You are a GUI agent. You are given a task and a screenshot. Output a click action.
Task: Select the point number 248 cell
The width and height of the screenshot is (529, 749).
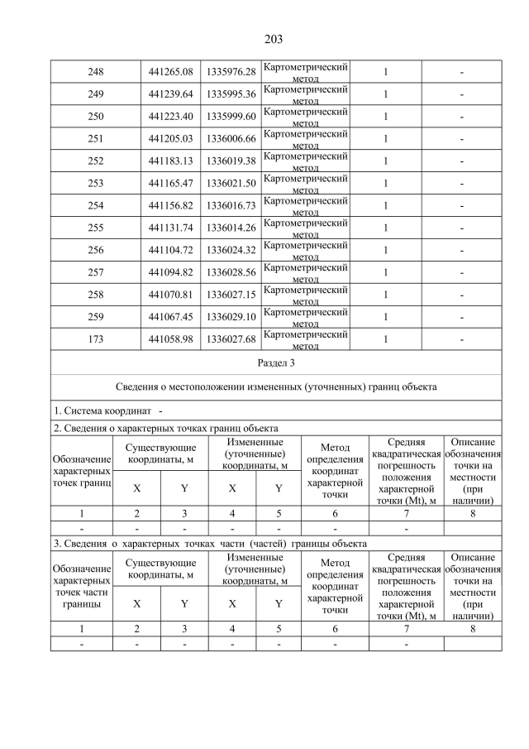[95, 72]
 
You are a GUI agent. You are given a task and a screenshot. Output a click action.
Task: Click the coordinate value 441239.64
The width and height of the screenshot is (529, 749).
[170, 94]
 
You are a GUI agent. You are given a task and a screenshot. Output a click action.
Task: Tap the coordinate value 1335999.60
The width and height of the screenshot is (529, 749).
[231, 117]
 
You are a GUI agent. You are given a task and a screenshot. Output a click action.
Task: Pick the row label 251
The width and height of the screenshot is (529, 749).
[95, 139]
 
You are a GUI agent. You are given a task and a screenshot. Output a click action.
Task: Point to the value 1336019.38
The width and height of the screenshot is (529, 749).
[231, 161]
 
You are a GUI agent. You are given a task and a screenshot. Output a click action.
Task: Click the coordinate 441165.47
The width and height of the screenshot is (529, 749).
[170, 184]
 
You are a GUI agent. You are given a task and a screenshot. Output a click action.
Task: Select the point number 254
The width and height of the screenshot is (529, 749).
[95, 206]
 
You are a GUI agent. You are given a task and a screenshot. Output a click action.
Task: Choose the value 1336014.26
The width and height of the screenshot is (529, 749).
[231, 228]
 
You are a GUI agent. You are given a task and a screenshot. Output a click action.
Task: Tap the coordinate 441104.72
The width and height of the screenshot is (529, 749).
[170, 251]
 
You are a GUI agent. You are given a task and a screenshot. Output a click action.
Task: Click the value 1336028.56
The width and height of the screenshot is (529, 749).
[231, 273]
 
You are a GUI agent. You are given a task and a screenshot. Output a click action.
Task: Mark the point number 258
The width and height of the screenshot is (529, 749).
[95, 295]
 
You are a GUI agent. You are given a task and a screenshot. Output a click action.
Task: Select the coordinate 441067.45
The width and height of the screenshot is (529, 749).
[170, 318]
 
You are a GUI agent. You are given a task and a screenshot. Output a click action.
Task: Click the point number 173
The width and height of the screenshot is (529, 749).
[95, 340]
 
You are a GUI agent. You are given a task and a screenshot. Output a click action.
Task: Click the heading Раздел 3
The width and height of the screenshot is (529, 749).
[276, 362]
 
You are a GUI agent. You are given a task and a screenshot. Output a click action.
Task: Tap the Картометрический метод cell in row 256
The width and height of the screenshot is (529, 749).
[305, 251]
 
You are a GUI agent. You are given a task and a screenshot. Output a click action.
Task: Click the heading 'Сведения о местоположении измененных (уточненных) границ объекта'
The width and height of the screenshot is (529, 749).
[276, 387]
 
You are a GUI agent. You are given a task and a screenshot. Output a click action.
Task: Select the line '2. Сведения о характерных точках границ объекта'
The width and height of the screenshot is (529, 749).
[165, 428]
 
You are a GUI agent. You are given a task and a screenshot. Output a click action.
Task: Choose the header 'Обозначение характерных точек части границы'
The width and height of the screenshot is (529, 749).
[81, 586]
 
